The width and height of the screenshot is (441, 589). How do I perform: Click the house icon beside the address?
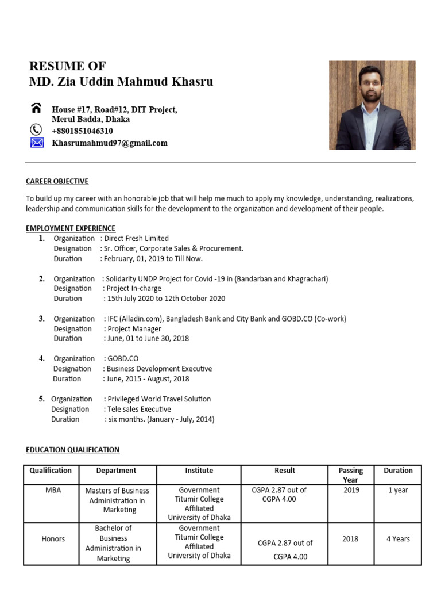(36, 109)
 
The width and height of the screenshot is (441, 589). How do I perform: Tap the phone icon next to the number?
(36, 130)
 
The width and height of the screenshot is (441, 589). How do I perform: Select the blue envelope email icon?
(37, 143)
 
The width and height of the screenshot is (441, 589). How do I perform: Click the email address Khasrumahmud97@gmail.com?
(110, 143)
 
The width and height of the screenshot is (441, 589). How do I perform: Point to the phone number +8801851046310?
(82, 131)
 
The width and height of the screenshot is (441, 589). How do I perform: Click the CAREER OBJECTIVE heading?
(57, 181)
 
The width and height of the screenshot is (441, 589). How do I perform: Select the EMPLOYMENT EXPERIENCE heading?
(71, 228)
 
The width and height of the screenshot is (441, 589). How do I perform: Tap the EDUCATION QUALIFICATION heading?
(72, 449)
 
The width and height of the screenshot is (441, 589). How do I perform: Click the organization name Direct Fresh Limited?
(137, 238)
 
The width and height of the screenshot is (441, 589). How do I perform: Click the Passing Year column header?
(350, 475)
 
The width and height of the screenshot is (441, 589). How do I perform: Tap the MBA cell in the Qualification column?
(53, 490)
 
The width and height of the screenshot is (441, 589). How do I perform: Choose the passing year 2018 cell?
(350, 539)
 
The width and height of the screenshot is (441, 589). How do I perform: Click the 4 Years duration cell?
(398, 539)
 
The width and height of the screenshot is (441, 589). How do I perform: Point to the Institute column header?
(199, 471)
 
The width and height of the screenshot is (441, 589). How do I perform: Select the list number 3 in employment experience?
(42, 318)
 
